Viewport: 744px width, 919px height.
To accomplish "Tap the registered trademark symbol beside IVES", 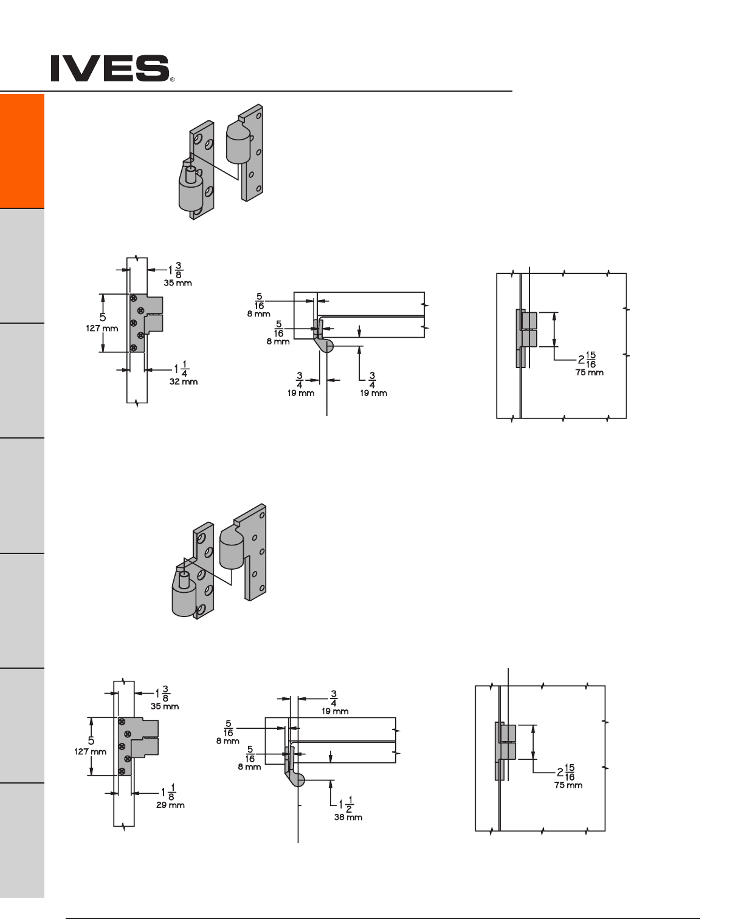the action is point(172,80).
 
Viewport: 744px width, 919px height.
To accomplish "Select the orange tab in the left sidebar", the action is point(22,151).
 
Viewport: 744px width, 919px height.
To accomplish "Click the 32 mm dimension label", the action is point(184,382).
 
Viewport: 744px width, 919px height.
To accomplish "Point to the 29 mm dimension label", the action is point(171,805).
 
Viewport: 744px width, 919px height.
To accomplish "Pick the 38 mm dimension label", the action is point(348,817).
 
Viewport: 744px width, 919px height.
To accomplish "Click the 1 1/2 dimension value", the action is point(346,804).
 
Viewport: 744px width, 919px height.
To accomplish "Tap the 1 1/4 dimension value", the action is point(181,369).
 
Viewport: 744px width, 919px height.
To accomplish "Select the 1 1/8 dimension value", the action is point(168,792).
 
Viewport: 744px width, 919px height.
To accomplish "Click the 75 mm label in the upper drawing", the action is point(590,372).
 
